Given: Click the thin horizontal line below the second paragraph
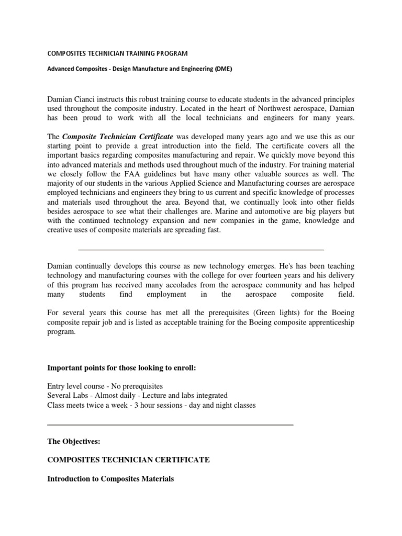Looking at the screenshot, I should [x=200, y=250].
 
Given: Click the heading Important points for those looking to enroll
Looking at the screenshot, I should [x=121, y=368].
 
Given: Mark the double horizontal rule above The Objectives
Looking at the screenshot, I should [x=170, y=425].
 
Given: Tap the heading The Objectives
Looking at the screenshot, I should [x=73, y=442].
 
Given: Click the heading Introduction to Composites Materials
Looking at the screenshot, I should [x=110, y=478].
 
